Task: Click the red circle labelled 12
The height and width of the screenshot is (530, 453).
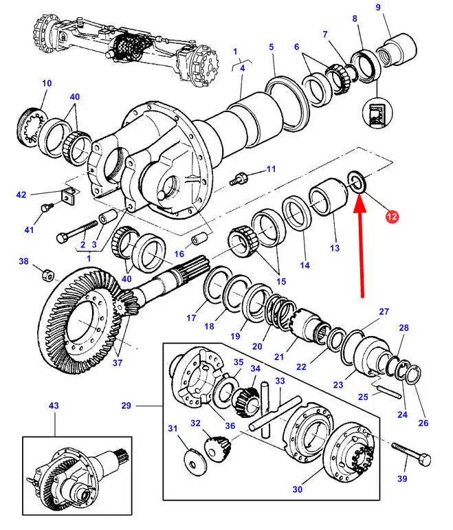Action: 392,216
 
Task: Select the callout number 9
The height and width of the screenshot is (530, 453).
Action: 378,7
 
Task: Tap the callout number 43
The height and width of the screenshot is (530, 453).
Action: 54,406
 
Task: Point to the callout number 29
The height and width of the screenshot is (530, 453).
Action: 126,406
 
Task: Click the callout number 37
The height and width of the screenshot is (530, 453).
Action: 117,363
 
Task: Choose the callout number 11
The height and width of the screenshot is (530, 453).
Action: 271,168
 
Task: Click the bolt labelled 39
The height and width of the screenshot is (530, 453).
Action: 412,454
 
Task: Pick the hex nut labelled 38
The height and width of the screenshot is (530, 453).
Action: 48,276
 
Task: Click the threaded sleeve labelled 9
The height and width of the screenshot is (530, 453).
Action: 396,49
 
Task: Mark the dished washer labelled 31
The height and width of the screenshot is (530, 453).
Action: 195,459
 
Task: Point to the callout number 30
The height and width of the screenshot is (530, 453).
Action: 297,489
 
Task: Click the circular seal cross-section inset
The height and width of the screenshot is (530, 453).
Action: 377,113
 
